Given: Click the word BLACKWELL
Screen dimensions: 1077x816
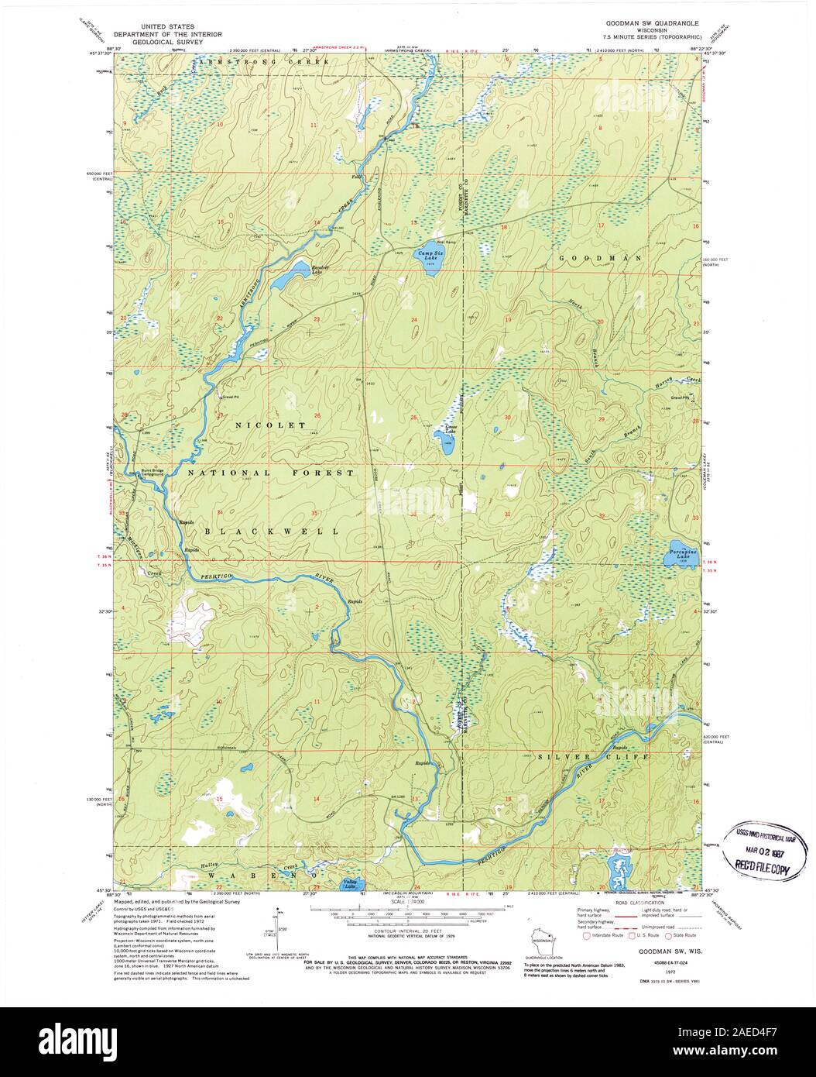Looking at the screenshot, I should [272, 532].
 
